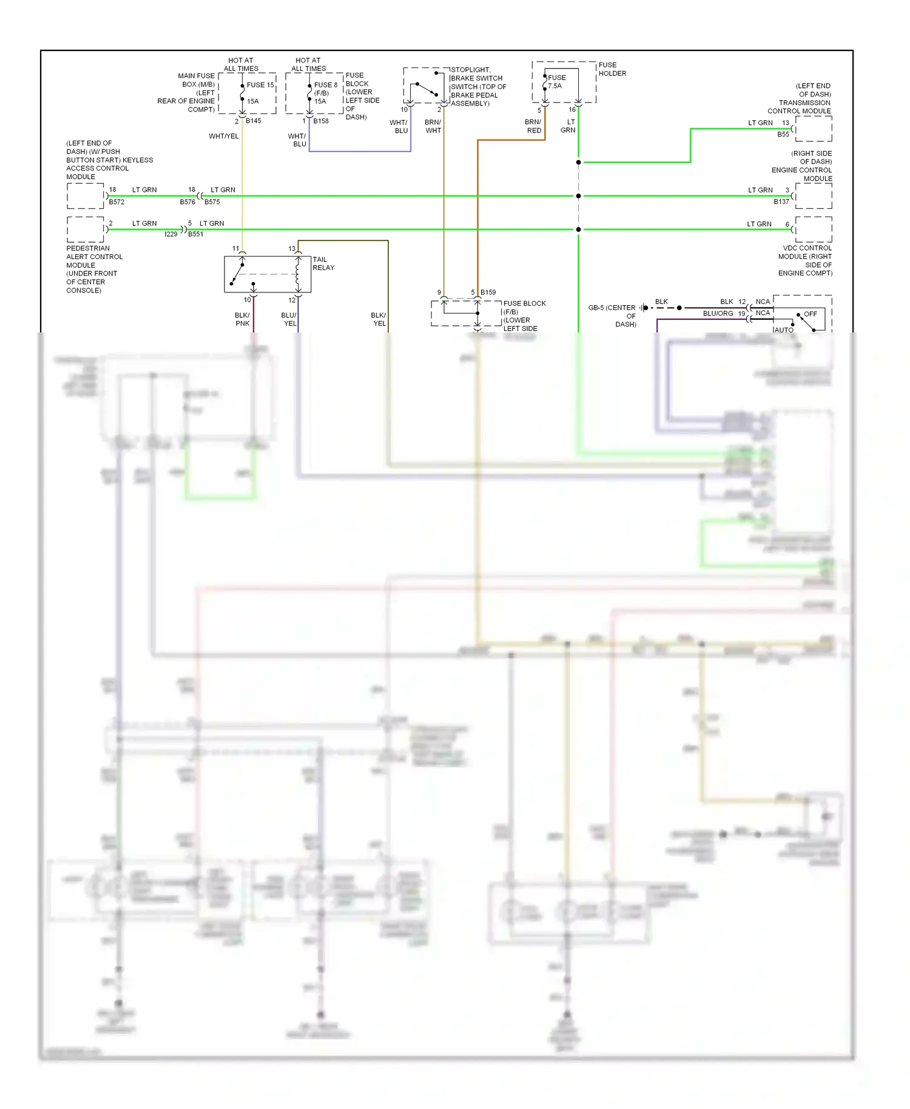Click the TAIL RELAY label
tap(323, 263)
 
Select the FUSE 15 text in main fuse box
tap(260, 85)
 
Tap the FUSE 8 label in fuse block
tap(326, 85)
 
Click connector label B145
tap(254, 121)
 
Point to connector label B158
tap(321, 121)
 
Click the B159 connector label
tap(488, 292)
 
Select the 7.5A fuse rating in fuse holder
tap(555, 86)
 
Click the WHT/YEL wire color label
tap(224, 136)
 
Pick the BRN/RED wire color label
tap(533, 126)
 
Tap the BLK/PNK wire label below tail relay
tap(242, 319)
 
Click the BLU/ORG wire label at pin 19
tap(718, 314)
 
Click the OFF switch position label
tap(811, 314)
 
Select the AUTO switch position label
tap(784, 330)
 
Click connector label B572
tap(116, 202)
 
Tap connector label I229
tap(171, 234)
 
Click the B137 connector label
tap(781, 201)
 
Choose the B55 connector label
tap(783, 134)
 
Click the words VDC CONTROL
tap(807, 248)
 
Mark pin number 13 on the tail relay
tap(292, 249)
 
